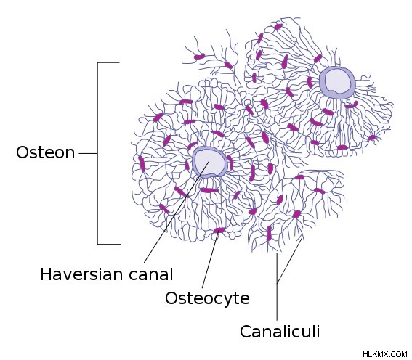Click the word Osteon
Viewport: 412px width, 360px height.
46,152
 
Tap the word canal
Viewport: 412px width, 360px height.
151,274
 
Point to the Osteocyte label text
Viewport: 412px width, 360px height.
207,298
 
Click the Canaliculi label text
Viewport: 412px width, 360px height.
280,332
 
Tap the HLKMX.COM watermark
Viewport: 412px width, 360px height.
385,354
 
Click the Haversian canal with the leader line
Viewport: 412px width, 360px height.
209,163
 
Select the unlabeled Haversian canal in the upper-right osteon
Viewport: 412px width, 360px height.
337,83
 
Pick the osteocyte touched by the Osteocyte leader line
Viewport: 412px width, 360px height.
219,230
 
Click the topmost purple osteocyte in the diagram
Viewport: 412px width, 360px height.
278,27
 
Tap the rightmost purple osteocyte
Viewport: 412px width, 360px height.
372,137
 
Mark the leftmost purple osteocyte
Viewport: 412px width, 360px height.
142,164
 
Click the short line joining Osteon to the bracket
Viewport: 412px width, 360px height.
89,153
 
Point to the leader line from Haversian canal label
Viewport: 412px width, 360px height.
177,212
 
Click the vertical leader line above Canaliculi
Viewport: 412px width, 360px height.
277,287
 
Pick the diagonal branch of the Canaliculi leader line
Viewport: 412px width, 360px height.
289,261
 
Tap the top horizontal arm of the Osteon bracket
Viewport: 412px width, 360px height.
108,62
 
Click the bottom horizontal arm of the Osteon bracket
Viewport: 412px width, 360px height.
109,244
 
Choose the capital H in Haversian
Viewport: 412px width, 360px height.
45,274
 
